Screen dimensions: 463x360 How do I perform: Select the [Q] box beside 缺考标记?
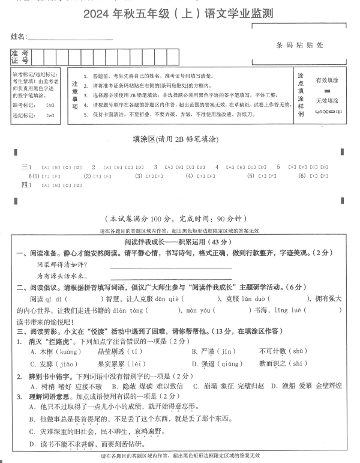(x=50, y=104)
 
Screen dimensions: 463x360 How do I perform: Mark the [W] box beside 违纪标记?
(x=50, y=115)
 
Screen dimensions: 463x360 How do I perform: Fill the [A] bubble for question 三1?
(x=46, y=167)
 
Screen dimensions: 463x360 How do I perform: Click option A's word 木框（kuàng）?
(x=60, y=351)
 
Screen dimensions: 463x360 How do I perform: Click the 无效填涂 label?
(x=327, y=100)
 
